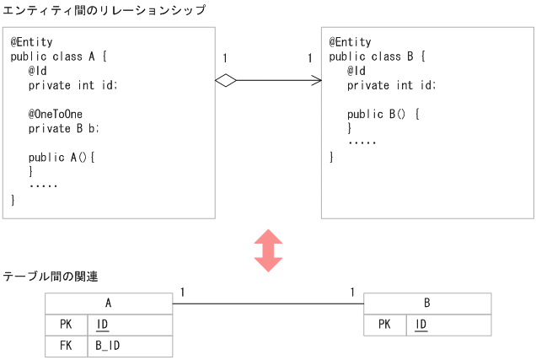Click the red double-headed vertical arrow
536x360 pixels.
tap(268, 250)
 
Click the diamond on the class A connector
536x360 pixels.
tap(225, 80)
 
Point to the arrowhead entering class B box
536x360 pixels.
tap(317, 80)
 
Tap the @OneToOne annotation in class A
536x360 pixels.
tap(56, 114)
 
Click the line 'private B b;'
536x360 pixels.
tap(63, 128)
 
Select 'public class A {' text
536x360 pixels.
tap(59, 56)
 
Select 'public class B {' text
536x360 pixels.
tap(377, 56)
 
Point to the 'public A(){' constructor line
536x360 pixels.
tap(62, 157)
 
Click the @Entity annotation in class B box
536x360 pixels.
tap(350, 42)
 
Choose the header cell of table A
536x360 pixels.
tap(108, 304)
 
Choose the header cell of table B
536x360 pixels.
tap(427, 304)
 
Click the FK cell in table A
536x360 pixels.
tap(66, 346)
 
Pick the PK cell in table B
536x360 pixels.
tap(385, 325)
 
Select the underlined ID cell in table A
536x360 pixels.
tap(102, 325)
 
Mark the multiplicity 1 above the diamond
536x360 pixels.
tap(225, 58)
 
